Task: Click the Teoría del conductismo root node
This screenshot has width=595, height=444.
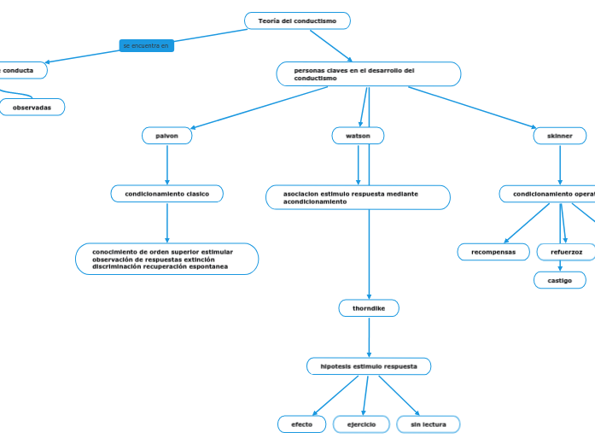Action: (x=297, y=20)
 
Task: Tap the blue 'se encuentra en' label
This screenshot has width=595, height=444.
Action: (x=146, y=45)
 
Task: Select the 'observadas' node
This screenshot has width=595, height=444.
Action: (x=32, y=108)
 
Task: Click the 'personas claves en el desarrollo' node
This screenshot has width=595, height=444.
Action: (x=368, y=74)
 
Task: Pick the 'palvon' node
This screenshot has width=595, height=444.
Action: (x=167, y=136)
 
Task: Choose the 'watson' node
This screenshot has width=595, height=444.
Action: (x=358, y=136)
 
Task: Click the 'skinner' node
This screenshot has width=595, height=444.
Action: (x=560, y=136)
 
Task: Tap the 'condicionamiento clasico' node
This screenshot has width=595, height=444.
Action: (x=167, y=194)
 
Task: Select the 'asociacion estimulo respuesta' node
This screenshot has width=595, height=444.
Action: (x=358, y=197)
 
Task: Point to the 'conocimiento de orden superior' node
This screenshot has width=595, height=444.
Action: (x=167, y=259)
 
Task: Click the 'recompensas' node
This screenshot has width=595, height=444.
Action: (x=493, y=252)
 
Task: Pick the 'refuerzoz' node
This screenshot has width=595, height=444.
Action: (x=566, y=252)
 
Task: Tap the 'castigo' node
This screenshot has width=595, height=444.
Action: (x=560, y=280)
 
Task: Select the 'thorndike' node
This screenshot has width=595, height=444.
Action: (x=369, y=308)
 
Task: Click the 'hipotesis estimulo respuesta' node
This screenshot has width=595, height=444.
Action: (x=369, y=366)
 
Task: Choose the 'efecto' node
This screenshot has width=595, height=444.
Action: (x=301, y=424)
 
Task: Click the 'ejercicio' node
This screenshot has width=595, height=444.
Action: (x=361, y=424)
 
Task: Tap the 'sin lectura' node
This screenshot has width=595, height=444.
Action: (x=428, y=424)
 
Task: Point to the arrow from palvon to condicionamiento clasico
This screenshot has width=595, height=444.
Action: (x=167, y=165)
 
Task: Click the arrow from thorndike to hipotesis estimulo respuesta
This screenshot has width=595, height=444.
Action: (x=369, y=337)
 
